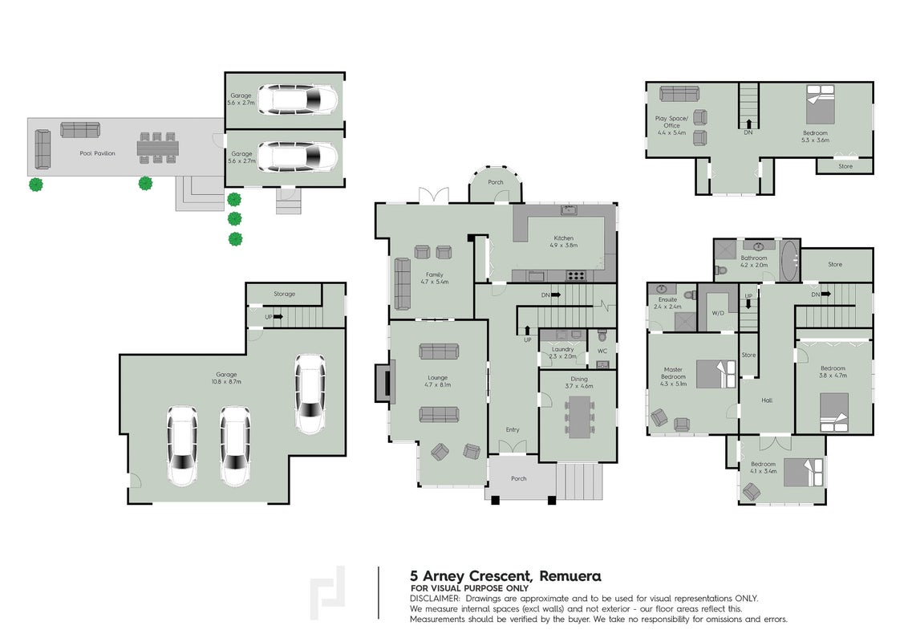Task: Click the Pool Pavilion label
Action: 97,153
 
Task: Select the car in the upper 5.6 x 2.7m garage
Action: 298,99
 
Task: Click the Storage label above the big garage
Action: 284,294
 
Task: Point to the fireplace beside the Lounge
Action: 383,382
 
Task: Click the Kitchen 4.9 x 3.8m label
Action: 563,242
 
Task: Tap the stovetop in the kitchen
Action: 575,276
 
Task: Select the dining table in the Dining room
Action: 578,416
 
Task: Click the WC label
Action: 602,351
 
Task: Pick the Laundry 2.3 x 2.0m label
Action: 563,353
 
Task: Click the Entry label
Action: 513,429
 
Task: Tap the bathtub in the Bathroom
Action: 788,261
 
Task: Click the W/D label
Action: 718,313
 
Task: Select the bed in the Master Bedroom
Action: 715,374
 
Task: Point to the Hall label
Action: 767,400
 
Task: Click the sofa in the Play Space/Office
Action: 679,93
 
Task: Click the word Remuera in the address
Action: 570,576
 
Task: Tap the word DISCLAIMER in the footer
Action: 435,599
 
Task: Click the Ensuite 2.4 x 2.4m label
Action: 667,303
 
